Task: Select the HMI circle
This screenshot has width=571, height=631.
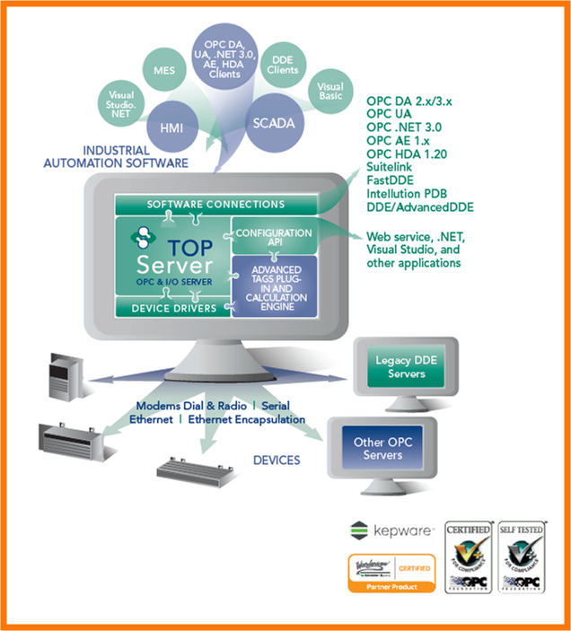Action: (x=171, y=128)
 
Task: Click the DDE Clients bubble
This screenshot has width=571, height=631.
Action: (x=284, y=66)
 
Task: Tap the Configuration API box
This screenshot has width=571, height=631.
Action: (x=273, y=237)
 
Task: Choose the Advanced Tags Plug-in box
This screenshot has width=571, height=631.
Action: (x=276, y=286)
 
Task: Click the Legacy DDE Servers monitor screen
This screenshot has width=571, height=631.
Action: (x=406, y=366)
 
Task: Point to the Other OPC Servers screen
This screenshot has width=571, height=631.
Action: (x=382, y=449)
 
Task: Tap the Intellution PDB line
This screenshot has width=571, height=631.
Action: (x=408, y=193)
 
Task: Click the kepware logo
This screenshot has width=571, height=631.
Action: (x=391, y=531)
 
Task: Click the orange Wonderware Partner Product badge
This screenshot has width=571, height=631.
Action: (x=391, y=573)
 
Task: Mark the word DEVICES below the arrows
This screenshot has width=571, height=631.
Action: (x=277, y=460)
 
